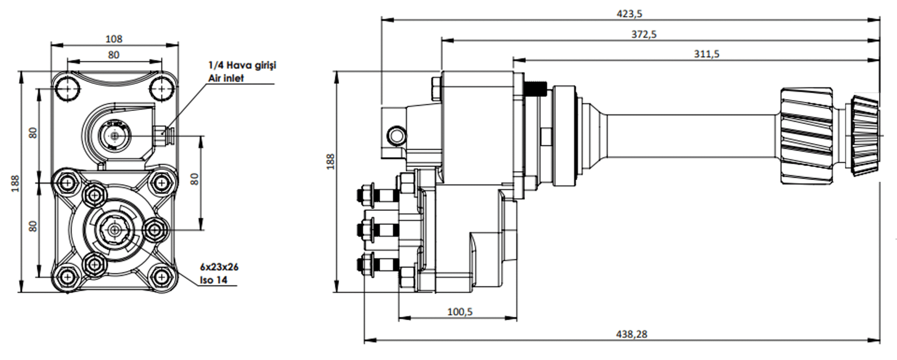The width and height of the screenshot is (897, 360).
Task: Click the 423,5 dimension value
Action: [x=629, y=13]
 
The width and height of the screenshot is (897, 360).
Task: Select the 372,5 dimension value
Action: [x=644, y=34]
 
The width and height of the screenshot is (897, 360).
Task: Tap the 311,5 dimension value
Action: [x=706, y=54]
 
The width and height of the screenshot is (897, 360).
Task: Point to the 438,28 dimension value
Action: [x=632, y=334]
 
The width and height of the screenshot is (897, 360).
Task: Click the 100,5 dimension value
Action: [x=460, y=311]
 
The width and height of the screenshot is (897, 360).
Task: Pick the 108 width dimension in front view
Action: [x=114, y=39]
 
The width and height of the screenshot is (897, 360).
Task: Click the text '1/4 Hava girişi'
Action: [x=242, y=65]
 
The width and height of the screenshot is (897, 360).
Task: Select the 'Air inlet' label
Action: [x=226, y=78]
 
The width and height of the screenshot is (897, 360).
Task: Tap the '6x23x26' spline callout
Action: [x=219, y=267]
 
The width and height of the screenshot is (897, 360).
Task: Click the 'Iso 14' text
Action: [x=214, y=280]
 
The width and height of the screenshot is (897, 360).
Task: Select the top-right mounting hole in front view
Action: [x=161, y=87]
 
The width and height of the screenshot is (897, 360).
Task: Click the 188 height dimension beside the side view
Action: [x=330, y=161]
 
